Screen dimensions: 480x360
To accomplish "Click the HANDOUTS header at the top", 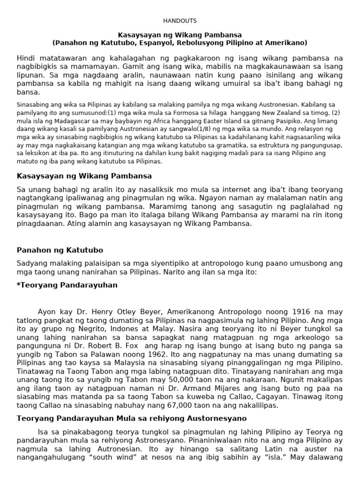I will [x=180, y=21].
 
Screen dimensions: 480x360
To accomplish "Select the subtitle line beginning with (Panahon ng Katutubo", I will [x=180, y=43].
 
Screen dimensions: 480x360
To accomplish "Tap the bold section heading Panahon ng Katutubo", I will [x=60, y=250].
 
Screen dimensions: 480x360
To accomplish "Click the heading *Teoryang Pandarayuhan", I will [x=67, y=285].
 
